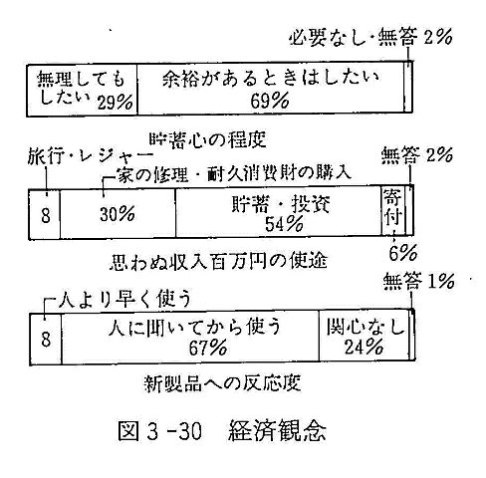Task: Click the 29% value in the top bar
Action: [x=115, y=102]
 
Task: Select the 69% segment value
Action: [x=270, y=101]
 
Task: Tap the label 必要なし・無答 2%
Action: [x=370, y=37]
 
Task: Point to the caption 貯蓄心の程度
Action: [x=207, y=139]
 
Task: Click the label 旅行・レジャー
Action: [x=90, y=156]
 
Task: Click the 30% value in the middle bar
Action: [x=118, y=214]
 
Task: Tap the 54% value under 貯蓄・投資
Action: [x=284, y=224]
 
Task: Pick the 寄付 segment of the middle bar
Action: [x=393, y=211]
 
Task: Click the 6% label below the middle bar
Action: [x=402, y=254]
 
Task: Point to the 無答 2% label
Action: [x=416, y=155]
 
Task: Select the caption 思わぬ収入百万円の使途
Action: [x=218, y=261]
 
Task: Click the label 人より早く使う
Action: [x=124, y=299]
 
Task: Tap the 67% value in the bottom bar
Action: [x=208, y=348]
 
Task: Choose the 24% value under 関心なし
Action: [x=364, y=347]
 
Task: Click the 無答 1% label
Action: [x=418, y=282]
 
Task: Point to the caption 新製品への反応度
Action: [x=223, y=383]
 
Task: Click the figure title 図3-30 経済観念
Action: [x=222, y=430]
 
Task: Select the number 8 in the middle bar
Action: [x=46, y=215]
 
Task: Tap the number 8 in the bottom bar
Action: [x=46, y=340]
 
